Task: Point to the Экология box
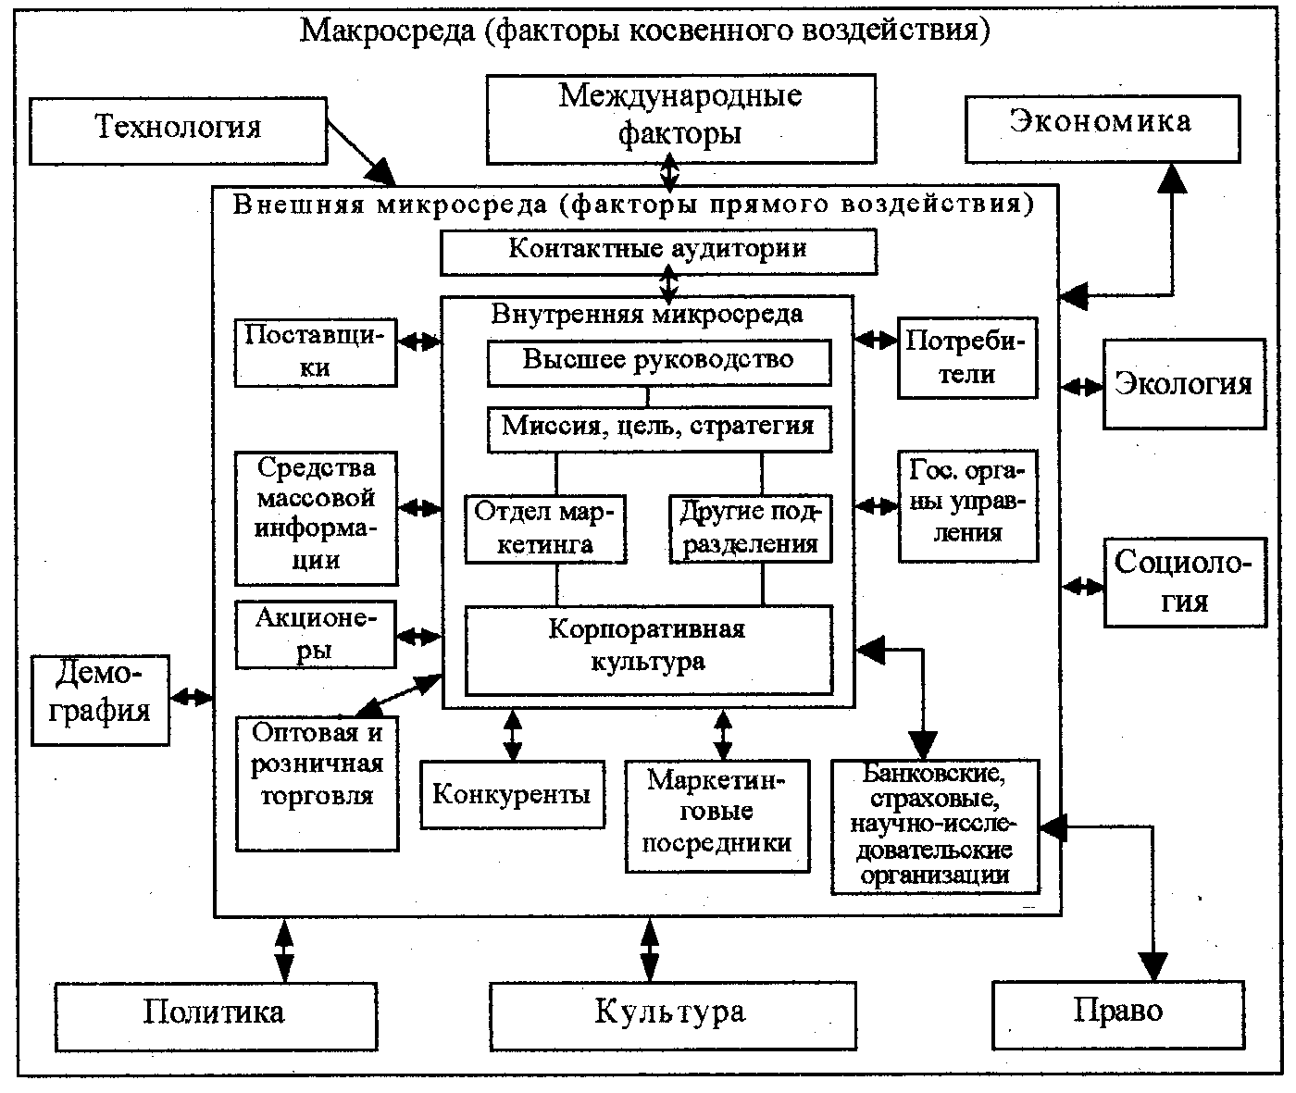(1183, 384)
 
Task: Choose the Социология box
(1185, 582)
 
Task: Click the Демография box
(101, 700)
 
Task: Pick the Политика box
(215, 1014)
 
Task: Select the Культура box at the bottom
(671, 1014)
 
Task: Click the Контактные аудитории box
(658, 252)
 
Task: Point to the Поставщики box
(316, 352)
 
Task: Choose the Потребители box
(966, 357)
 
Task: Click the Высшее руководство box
(658, 362)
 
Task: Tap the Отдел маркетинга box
(545, 528)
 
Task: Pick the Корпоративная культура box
(648, 648)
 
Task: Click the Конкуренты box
(511, 794)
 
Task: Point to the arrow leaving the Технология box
(362, 154)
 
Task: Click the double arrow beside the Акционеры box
(419, 637)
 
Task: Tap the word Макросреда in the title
(387, 31)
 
